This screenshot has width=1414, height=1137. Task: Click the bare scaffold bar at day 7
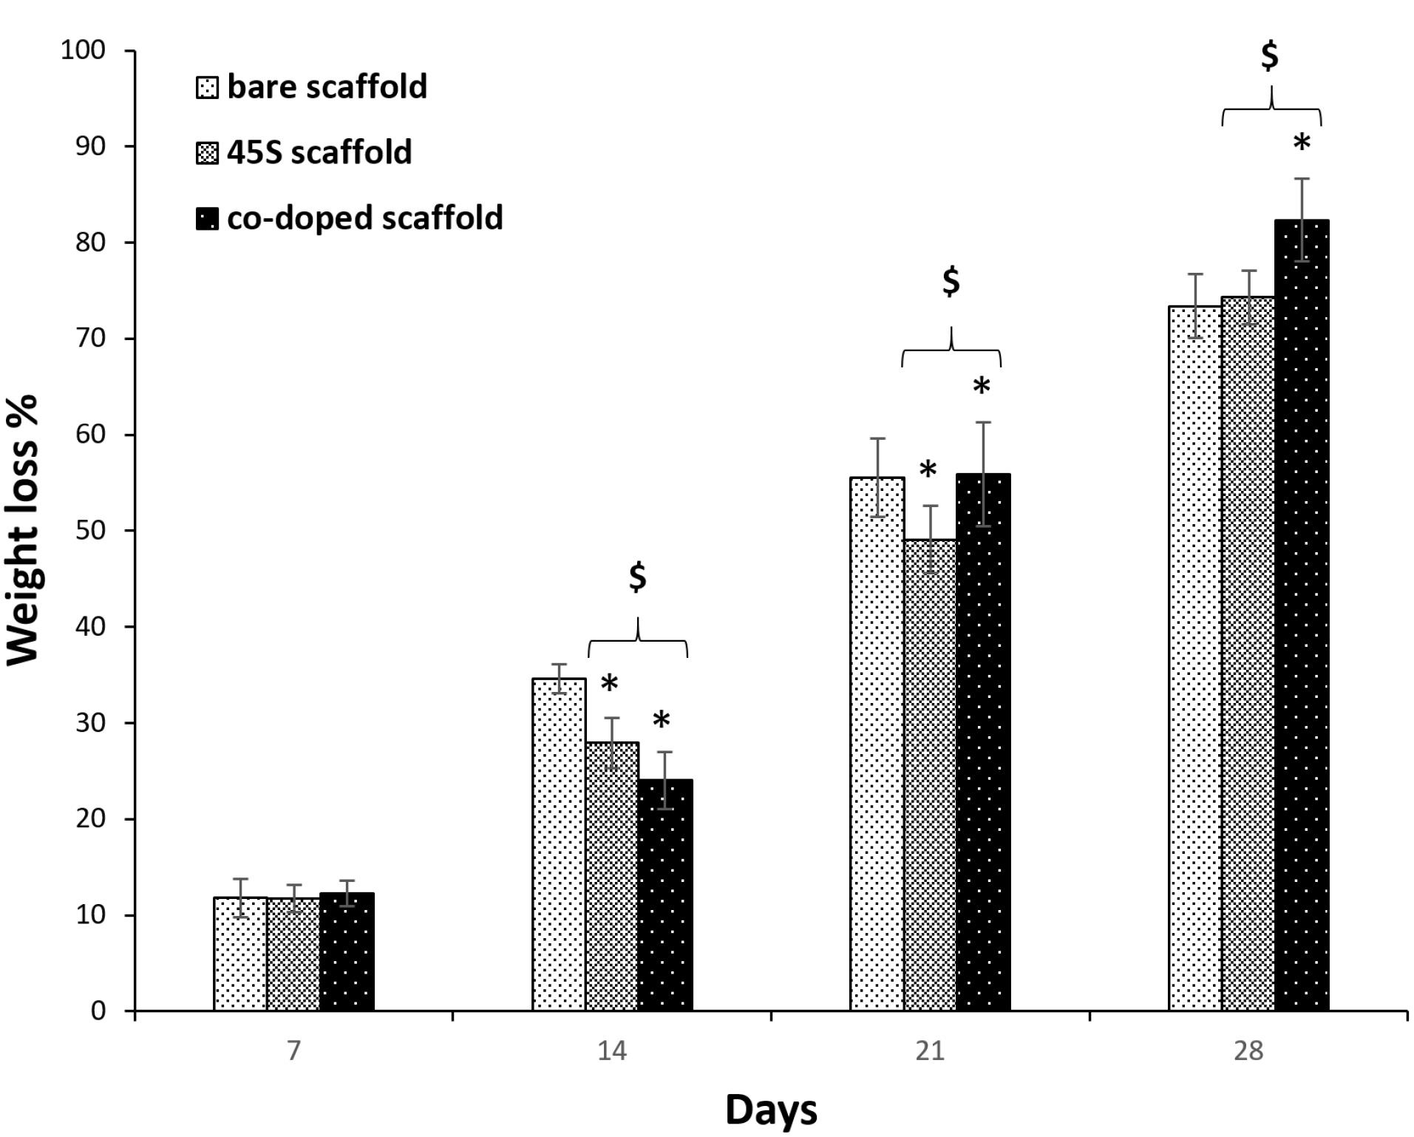(240, 954)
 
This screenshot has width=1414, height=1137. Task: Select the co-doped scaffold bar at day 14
(665, 895)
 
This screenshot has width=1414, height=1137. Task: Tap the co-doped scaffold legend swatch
(207, 219)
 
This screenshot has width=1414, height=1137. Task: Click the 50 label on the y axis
(91, 531)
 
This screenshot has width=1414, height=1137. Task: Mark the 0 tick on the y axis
(98, 1011)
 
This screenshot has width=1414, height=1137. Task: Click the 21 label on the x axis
(930, 1051)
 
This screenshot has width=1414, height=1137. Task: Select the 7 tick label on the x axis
(294, 1051)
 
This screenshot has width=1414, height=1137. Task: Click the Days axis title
(771, 1109)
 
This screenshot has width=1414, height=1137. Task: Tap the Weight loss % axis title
(24, 530)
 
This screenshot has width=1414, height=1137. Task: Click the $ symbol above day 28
(1270, 55)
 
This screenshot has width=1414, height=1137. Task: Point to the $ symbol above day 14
(637, 577)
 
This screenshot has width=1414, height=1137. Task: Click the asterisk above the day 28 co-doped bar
(1302, 143)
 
